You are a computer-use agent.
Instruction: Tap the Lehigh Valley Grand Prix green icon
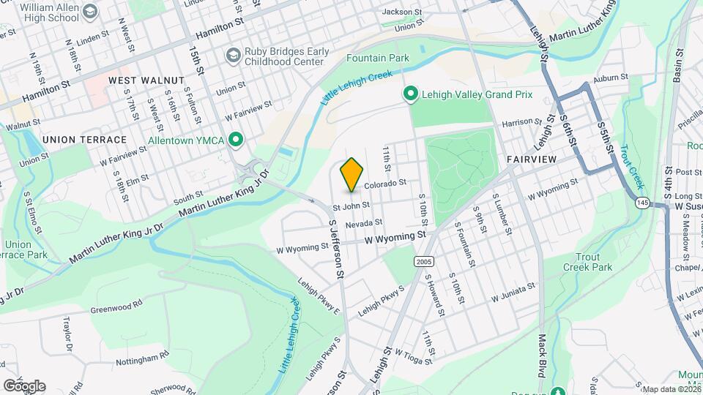[411, 94]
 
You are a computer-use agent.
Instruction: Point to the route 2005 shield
[423, 261]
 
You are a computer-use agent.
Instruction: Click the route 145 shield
[642, 201]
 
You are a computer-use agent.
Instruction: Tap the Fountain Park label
[376, 57]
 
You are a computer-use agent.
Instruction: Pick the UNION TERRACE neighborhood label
[84, 139]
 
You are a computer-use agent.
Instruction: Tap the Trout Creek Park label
[587, 262]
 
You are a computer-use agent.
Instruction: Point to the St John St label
[351, 206]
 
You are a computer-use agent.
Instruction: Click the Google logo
[24, 385]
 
